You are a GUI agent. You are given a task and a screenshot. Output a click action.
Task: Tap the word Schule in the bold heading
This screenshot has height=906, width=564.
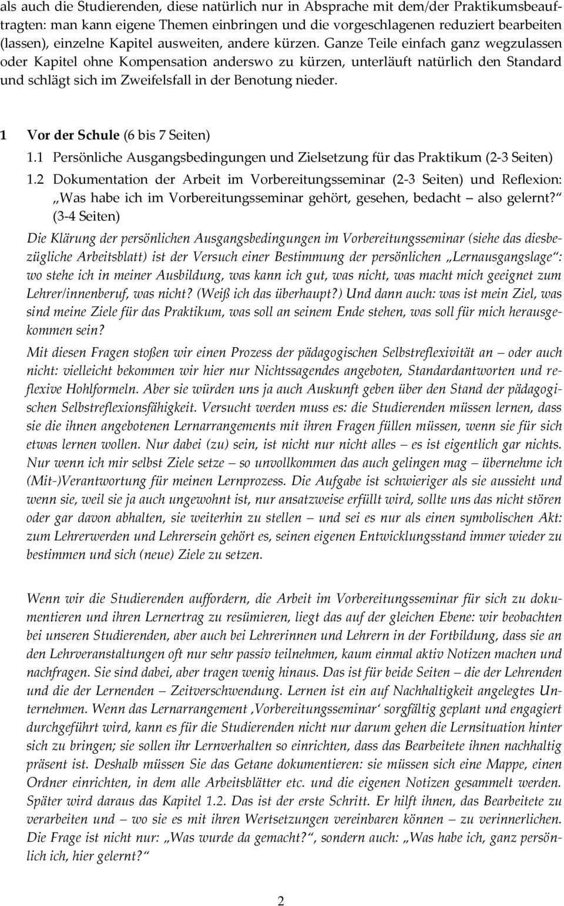pyautogui.click(x=94, y=135)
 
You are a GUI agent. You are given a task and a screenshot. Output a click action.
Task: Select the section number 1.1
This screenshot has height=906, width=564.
pyautogui.click(x=34, y=157)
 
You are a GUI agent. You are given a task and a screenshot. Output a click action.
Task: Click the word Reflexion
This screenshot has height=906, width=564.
pyautogui.click(x=531, y=179)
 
